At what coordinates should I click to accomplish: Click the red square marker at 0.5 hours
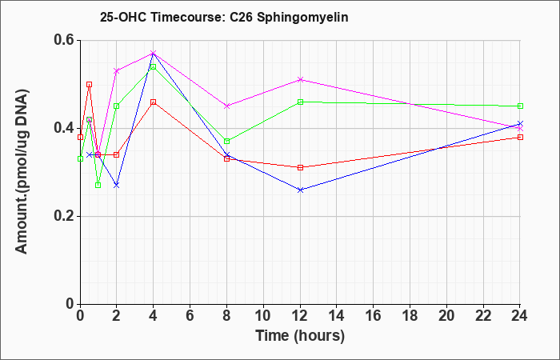90,84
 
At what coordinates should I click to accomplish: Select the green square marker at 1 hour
98,185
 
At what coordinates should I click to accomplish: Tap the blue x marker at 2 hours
117,185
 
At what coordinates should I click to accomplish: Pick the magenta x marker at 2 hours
117,71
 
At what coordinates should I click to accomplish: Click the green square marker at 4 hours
154,66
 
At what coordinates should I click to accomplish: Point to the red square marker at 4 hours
154,102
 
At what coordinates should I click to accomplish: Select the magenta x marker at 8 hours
226,106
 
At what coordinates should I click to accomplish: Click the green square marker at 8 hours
226,142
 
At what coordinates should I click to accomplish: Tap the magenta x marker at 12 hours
300,80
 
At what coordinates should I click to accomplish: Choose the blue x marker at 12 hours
300,190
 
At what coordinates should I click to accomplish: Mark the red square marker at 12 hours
300,167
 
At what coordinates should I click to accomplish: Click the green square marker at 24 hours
520,106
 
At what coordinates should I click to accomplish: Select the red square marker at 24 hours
520,137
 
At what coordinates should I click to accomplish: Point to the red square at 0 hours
80,137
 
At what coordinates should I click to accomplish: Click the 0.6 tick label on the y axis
64,40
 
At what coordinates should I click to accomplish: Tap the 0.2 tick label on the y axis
64,216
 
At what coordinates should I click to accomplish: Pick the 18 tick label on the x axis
410,316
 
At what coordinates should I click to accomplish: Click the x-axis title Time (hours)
300,336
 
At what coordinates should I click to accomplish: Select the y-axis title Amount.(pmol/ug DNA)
22,171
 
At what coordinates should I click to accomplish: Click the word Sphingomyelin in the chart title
302,18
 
